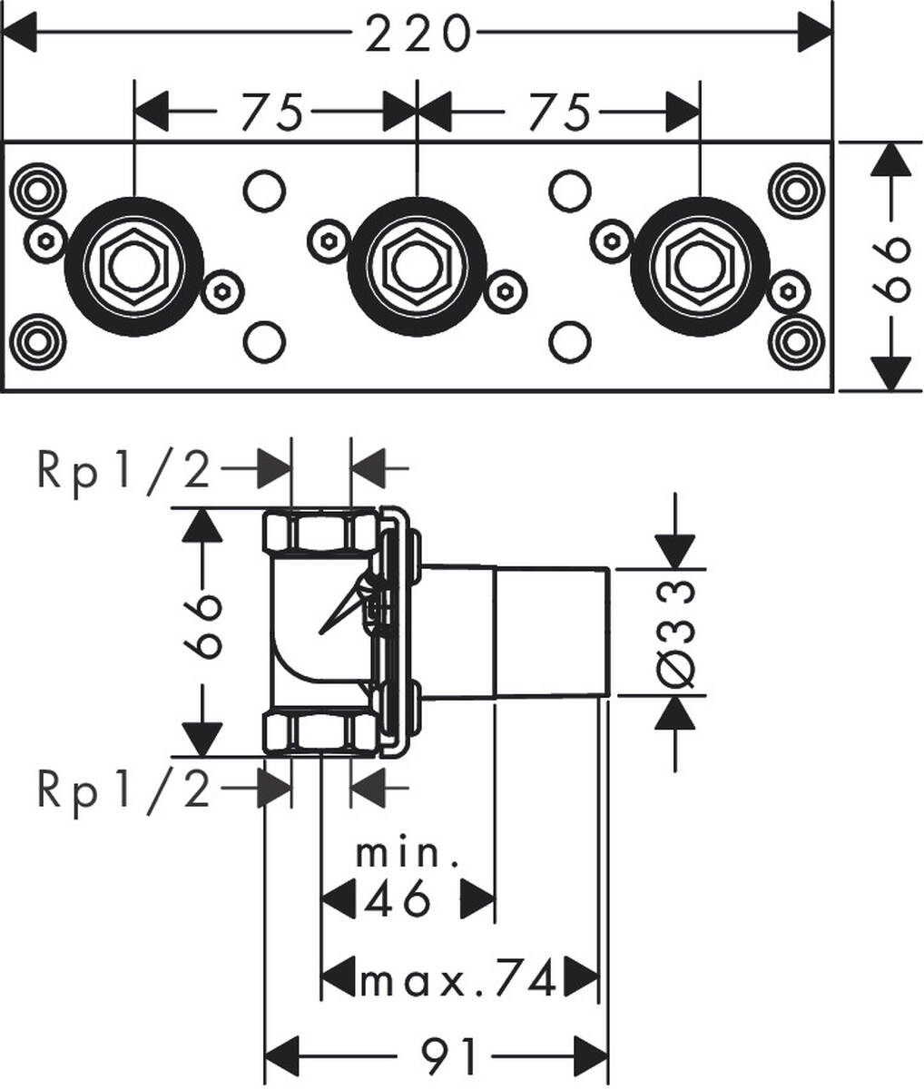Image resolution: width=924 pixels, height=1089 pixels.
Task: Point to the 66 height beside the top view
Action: coord(893,266)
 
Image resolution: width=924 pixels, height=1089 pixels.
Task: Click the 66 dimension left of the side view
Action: coord(202,626)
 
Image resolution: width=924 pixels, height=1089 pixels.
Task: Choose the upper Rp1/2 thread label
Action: coord(124,470)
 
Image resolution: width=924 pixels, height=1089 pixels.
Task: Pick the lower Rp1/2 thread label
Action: coord(124,790)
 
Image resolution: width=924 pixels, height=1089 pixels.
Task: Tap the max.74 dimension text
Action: coord(457,979)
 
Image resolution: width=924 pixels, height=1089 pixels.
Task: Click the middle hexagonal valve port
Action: coord(417,266)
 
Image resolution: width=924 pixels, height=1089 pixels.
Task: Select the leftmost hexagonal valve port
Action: coord(133,266)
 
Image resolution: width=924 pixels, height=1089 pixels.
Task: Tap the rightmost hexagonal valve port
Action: coord(699,266)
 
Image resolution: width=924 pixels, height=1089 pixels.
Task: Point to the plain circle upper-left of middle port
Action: coord(264,191)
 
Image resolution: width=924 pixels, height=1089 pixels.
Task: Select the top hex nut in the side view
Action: coord(320,532)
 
